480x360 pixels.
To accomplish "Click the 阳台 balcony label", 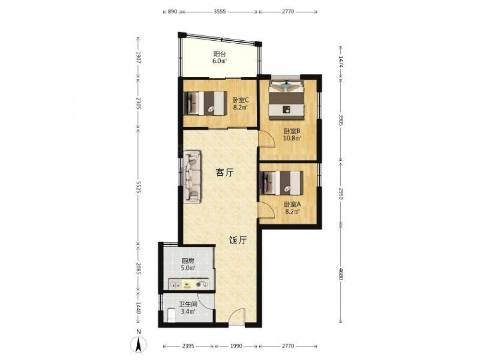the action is click(220, 54).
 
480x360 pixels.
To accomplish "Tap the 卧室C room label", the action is click(240, 100).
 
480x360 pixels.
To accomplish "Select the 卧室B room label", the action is click(292, 131).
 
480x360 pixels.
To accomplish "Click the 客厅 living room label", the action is click(224, 173).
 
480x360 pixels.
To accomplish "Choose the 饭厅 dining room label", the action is click(238, 240).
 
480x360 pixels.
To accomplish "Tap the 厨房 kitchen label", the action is click(188, 261).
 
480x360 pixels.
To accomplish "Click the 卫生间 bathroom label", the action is click(188, 305).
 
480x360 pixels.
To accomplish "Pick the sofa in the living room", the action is click(192, 177).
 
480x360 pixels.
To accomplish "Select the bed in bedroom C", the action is click(205, 103).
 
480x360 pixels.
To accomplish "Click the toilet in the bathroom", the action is click(171, 315).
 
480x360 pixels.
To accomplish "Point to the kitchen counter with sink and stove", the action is click(189, 284).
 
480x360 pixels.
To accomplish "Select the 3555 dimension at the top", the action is click(219, 12).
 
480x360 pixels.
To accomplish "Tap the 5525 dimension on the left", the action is click(138, 187).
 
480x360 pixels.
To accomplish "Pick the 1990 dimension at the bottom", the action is click(236, 346).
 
